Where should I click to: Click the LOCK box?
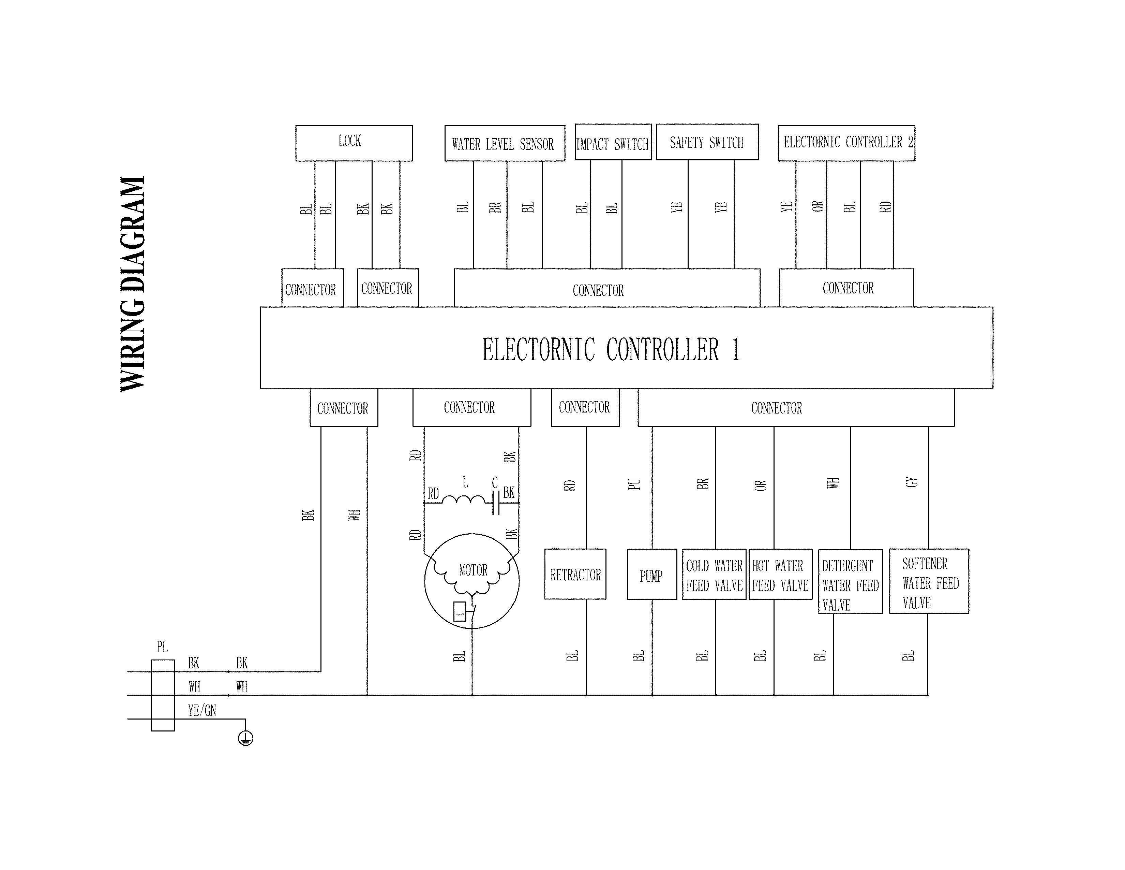(354, 143)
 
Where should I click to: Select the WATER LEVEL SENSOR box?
(505, 143)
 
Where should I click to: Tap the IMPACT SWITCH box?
(613, 142)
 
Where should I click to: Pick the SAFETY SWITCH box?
(707, 142)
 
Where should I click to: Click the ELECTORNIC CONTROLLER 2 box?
(846, 143)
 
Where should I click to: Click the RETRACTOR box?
(575, 574)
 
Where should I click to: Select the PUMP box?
(651, 574)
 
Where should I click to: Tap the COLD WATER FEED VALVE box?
(715, 574)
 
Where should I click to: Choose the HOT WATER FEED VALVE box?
(780, 574)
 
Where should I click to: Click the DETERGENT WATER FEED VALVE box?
(851, 581)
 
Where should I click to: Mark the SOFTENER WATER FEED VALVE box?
(929, 581)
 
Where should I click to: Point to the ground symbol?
(246, 738)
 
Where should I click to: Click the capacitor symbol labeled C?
(496, 503)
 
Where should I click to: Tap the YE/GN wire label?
(202, 711)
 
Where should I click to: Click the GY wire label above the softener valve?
(912, 482)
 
